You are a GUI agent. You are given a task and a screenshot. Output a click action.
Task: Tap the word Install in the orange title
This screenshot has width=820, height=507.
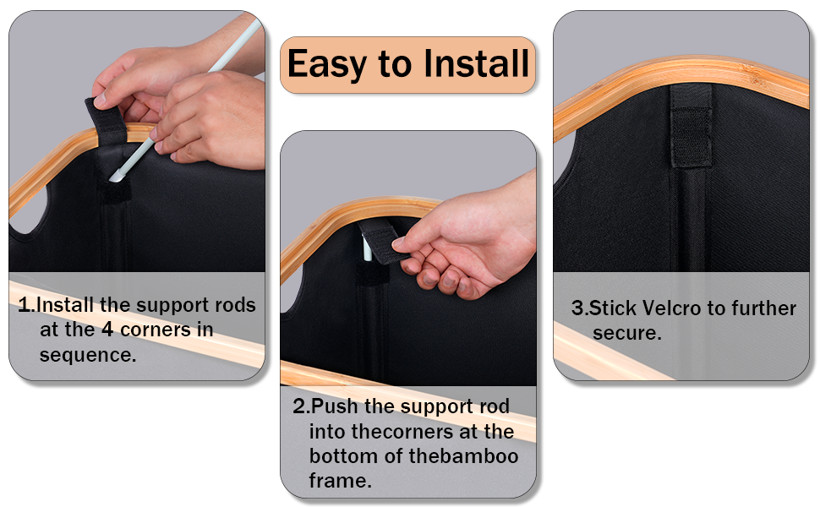point(476,63)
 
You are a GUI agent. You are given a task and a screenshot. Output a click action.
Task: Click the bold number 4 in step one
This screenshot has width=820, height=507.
point(107,330)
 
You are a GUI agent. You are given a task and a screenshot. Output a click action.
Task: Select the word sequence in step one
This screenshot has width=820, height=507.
point(88,355)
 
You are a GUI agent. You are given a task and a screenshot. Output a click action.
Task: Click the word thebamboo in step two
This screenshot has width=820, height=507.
point(464,455)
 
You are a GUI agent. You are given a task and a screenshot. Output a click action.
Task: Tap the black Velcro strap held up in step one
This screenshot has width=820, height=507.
point(107,120)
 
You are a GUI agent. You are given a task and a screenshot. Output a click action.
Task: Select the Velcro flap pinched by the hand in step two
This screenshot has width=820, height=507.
point(382,242)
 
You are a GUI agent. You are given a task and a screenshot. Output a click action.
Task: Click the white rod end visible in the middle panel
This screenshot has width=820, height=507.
point(367,248)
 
